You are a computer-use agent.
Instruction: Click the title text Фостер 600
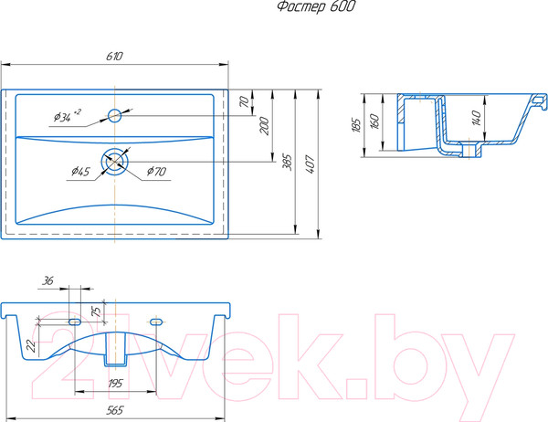[x=316, y=7]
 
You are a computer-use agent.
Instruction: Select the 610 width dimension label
[x=114, y=57]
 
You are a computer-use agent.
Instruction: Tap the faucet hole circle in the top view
[x=114, y=115]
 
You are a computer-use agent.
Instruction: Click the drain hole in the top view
[x=115, y=161]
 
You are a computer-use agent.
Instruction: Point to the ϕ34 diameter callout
[x=68, y=116]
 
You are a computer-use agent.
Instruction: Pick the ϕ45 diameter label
[x=80, y=172]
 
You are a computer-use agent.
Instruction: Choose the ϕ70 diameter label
[x=156, y=172]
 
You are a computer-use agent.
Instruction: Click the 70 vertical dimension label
[x=245, y=101]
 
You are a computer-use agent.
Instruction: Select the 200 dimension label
[x=265, y=126]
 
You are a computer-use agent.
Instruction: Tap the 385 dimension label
[x=288, y=162]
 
